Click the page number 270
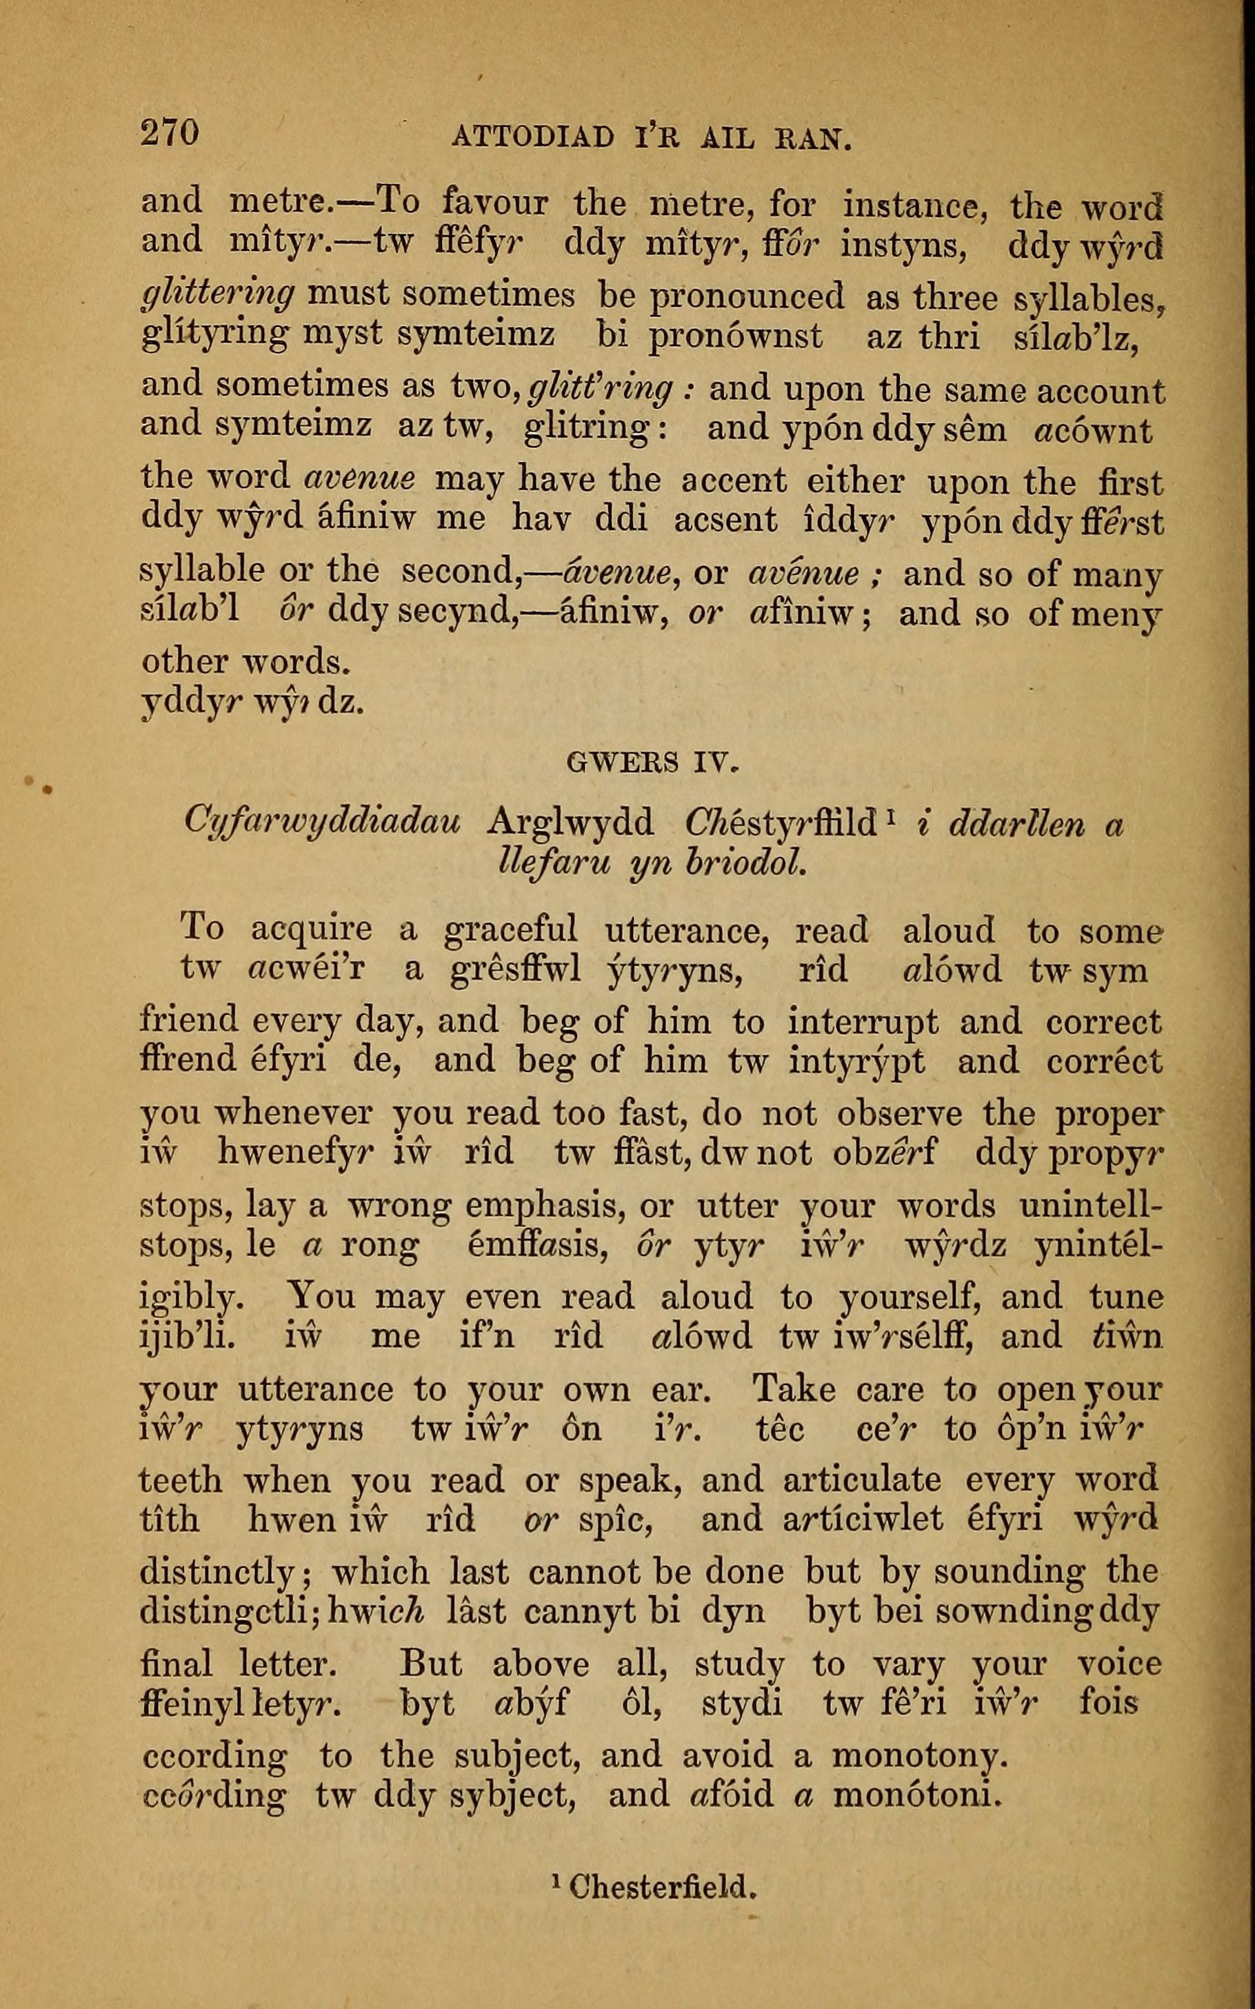click(x=170, y=134)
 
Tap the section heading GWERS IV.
click(x=652, y=762)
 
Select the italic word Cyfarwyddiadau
click(x=323, y=823)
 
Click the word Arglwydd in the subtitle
click(x=571, y=823)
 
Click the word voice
click(x=1119, y=1664)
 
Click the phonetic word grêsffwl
click(x=512, y=970)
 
